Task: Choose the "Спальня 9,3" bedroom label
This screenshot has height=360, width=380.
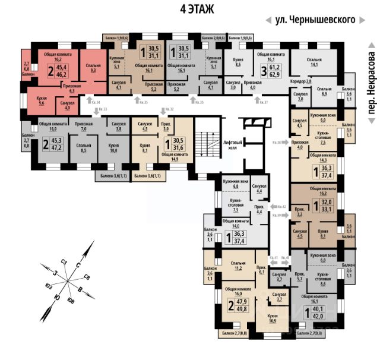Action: tap(91, 67)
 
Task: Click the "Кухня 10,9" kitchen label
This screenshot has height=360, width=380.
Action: tap(273, 318)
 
